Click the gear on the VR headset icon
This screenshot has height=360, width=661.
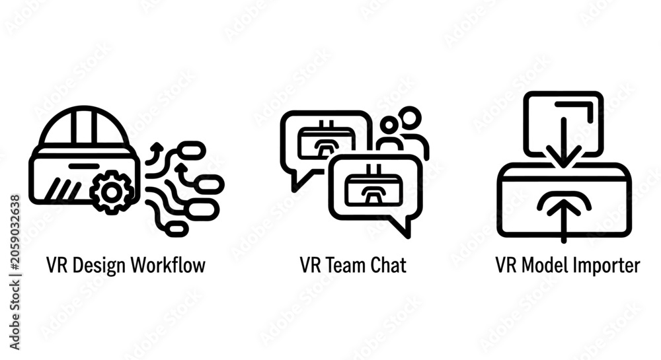pos(112,192)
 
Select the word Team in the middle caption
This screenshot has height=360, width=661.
pos(346,266)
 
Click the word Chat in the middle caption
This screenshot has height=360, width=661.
pos(388,266)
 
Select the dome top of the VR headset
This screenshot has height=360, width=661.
pos(85,126)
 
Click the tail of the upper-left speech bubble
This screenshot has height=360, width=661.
pos(300,180)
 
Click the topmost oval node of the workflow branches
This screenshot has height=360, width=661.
pos(192,151)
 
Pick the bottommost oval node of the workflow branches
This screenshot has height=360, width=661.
pos(176,229)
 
